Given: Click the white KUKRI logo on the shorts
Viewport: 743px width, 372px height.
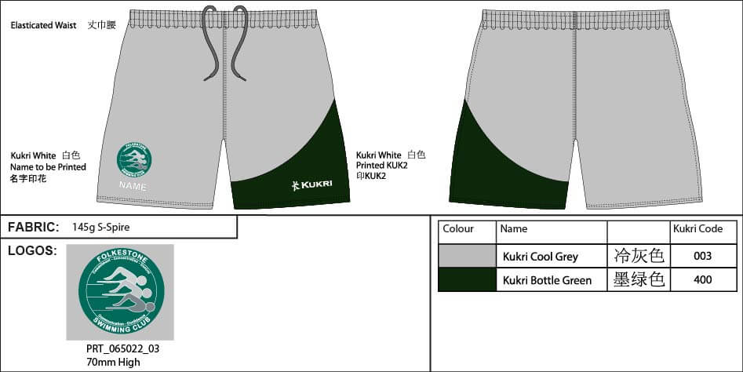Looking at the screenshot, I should (311, 185).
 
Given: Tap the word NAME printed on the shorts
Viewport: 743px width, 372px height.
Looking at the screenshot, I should (133, 185).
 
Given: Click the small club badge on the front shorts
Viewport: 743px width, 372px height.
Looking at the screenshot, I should (134, 159).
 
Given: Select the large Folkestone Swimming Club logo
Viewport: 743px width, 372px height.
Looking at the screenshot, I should (122, 292).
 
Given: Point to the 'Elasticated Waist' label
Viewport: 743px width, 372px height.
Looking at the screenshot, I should (43, 25).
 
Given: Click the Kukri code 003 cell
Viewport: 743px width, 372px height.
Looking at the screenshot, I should (703, 256).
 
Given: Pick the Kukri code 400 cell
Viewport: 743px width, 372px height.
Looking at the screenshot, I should (703, 279).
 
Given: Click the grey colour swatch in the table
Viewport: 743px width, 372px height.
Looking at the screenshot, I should (467, 256).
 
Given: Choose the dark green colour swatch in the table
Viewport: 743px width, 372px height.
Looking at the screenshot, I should (467, 279).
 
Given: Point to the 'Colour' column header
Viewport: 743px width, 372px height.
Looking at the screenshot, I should (458, 229).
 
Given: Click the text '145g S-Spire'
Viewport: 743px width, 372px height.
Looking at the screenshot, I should (100, 228).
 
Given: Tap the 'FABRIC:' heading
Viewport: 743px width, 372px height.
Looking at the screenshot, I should (34, 228).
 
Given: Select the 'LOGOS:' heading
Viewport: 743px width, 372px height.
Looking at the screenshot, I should (31, 250).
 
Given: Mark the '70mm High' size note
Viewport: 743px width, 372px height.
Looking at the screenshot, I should (113, 362).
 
